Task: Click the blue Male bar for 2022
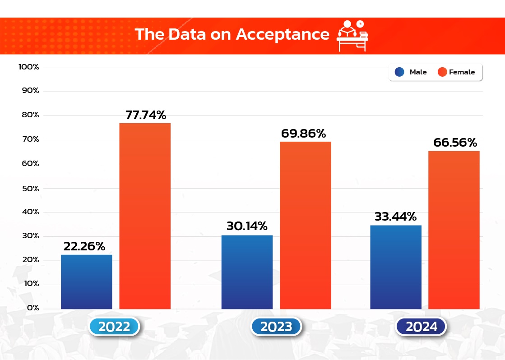86,282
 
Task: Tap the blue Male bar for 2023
247,272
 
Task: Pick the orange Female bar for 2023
306,225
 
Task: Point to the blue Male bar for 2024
396,267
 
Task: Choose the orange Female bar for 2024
454,230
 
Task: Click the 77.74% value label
146,115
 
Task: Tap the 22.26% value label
84,246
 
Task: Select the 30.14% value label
247,226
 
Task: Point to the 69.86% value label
303,134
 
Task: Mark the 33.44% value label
395,217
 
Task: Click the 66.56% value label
455,143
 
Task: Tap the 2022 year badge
114,327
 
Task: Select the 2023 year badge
276,327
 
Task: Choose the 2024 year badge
421,327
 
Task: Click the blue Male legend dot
399,72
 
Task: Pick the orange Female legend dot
442,72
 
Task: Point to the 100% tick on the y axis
29,67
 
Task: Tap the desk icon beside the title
352,35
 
